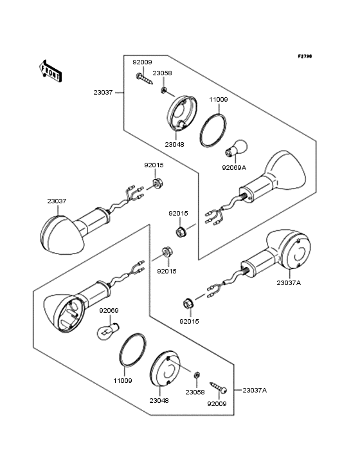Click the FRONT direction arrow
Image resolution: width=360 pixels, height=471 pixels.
pyautogui.click(x=51, y=71)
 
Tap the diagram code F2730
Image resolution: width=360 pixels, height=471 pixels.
pyautogui.click(x=305, y=56)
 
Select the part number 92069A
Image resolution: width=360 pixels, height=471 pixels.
pyautogui.click(x=234, y=167)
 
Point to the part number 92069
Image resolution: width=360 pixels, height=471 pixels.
pyautogui.click(x=109, y=311)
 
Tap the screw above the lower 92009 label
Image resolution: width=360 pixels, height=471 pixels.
pyautogui.click(x=219, y=387)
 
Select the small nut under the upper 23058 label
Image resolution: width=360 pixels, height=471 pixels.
pyautogui.click(x=163, y=89)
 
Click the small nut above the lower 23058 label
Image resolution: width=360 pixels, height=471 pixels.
pyautogui.click(x=197, y=375)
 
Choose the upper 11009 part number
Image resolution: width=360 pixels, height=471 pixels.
pyautogui.click(x=219, y=100)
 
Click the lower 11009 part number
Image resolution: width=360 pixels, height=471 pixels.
pyautogui.click(x=123, y=380)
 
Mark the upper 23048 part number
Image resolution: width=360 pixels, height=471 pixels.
pyautogui.click(x=175, y=145)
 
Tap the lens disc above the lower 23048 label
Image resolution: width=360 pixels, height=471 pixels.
pyautogui.click(x=165, y=368)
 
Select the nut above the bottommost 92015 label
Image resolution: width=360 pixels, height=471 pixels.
pyautogui.click(x=188, y=304)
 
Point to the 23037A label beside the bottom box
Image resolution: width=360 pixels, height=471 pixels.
pyautogui.click(x=255, y=390)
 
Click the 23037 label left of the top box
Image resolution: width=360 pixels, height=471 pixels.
pyautogui.click(x=103, y=93)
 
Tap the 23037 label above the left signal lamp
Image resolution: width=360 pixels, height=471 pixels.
pyautogui.click(x=57, y=201)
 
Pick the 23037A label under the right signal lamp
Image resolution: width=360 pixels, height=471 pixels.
pyautogui.click(x=289, y=282)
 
